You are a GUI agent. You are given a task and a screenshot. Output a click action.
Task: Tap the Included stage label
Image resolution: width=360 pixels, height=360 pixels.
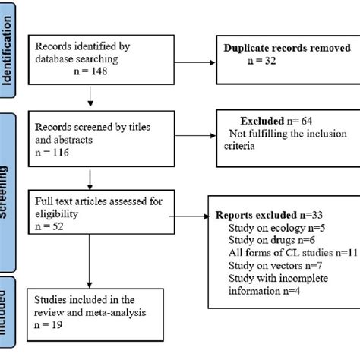(9, 323)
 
